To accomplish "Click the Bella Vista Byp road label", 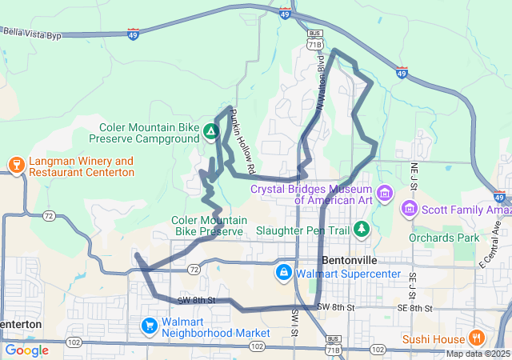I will pos(32,31).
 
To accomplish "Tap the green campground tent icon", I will pos(210,130).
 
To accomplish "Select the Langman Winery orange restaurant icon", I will pos(15,166).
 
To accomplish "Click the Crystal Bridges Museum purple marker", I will pos(385,193).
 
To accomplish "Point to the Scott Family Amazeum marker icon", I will pos(409,209).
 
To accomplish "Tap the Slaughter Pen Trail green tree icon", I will pos(362,230).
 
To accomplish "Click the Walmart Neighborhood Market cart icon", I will pos(149,326).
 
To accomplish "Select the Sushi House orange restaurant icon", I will pos(478,337).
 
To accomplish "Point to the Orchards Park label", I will pos(444,238).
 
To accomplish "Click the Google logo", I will pos(27,350).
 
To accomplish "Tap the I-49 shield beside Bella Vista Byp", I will pos(133,34).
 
